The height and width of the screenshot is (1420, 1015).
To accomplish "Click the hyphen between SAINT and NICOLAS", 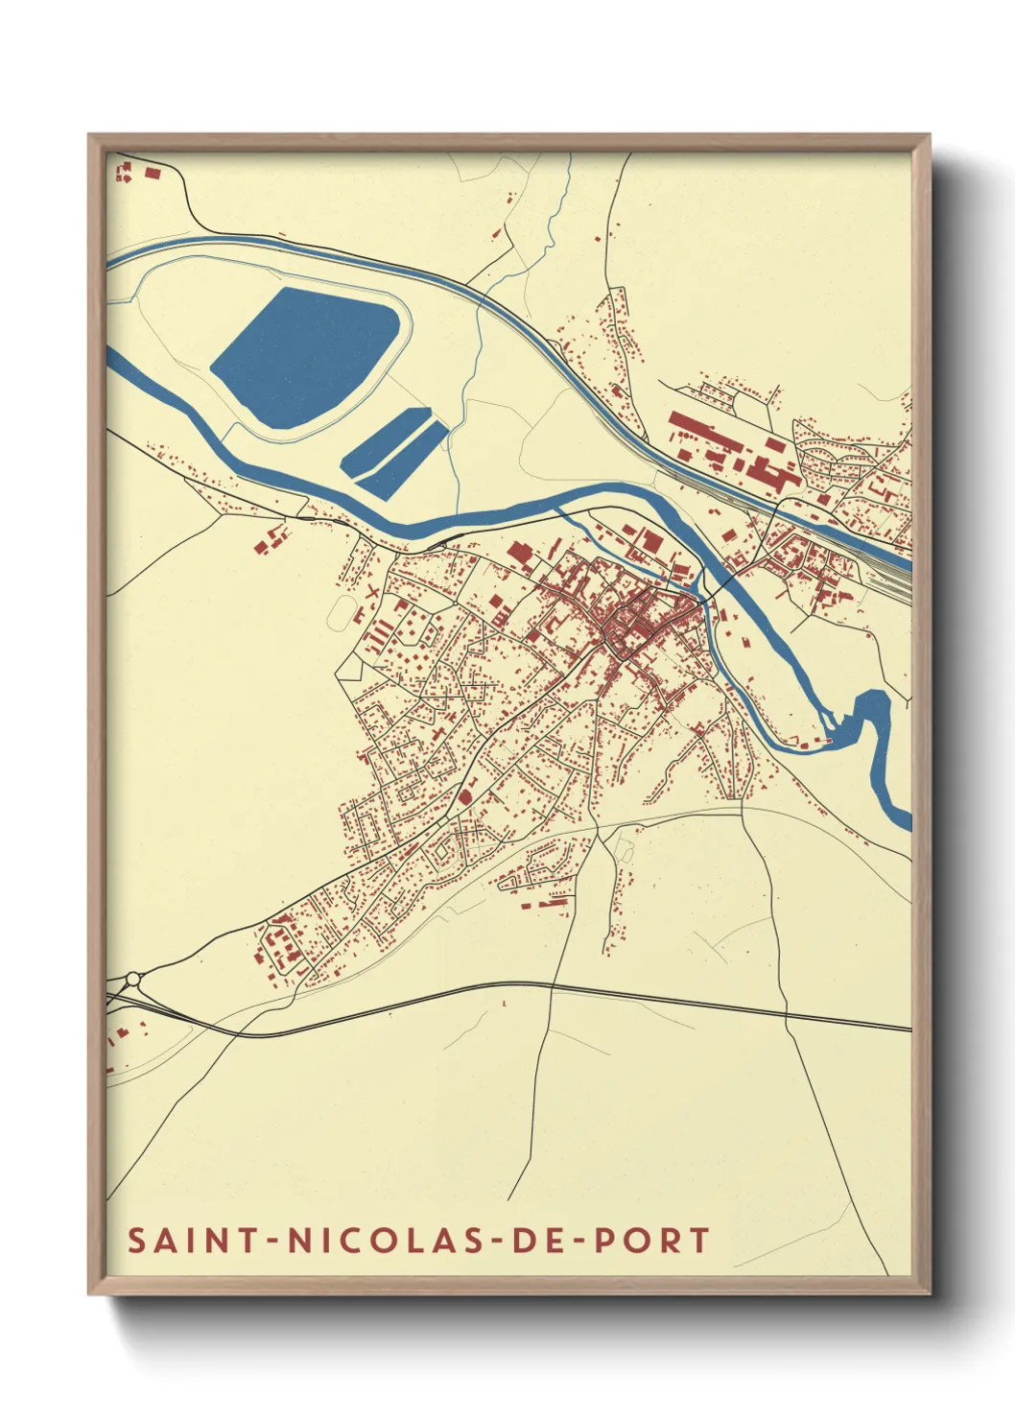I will [273, 1241].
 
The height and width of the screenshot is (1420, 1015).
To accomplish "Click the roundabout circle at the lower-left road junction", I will [132, 979].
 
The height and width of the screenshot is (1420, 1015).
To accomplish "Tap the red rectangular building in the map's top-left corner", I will [152, 173].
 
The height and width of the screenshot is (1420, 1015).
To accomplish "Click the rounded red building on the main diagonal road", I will [466, 795].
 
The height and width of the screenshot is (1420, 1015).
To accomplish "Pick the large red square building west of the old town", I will [519, 555].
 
